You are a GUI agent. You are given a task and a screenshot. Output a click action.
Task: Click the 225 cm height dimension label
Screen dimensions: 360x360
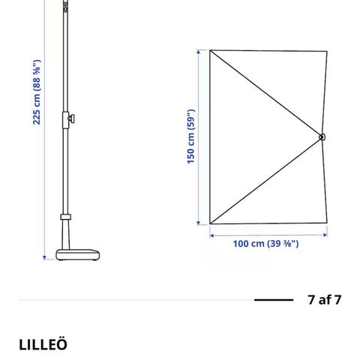(x=37, y=92)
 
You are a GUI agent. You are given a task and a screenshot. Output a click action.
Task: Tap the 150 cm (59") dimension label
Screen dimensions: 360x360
(x=190, y=136)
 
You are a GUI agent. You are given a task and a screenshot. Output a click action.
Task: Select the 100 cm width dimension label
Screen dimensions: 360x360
(x=265, y=244)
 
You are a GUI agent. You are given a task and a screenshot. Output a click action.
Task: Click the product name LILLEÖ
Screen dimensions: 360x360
(x=43, y=344)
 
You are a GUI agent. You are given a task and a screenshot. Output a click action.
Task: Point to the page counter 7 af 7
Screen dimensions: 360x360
(x=325, y=299)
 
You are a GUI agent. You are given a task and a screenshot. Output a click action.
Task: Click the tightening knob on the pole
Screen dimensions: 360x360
(x=72, y=118)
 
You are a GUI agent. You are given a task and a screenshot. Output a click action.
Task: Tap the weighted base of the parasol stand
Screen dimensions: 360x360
(x=78, y=255)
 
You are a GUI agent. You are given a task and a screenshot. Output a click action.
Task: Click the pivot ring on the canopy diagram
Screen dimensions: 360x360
(x=322, y=137)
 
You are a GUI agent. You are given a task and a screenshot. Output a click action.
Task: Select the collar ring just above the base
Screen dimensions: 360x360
(x=65, y=217)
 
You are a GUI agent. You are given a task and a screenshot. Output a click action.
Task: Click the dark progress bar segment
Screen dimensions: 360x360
(x=274, y=300)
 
